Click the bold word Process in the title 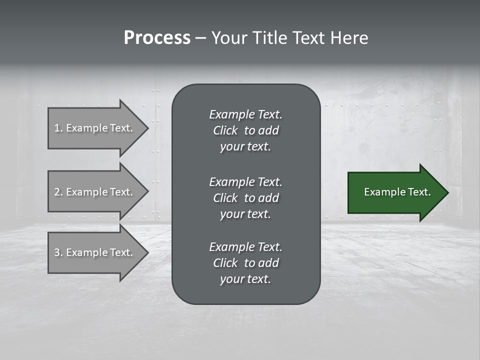point(157,38)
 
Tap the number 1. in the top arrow point(58,128)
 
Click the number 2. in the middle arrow point(58,192)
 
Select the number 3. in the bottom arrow point(58,252)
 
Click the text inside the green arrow point(397,192)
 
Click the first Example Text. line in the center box point(245,114)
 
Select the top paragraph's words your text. point(245,147)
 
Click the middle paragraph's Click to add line point(245,198)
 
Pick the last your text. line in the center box point(245,279)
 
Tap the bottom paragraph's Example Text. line point(245,247)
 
